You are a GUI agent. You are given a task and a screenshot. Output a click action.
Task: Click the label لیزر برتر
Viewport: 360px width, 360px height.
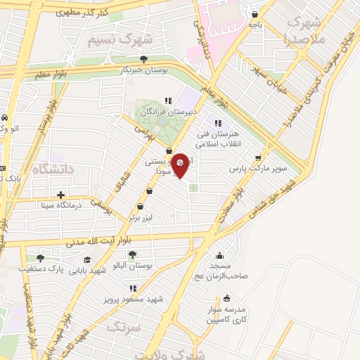(x=140, y=219)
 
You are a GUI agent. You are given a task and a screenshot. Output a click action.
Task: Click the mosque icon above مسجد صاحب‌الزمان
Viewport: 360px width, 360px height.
(x=220, y=255)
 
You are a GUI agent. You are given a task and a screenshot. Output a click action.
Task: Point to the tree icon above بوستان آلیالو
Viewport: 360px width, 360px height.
(x=132, y=255)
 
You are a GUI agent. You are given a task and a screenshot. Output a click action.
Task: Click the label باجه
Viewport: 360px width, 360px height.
(x=255, y=25)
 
